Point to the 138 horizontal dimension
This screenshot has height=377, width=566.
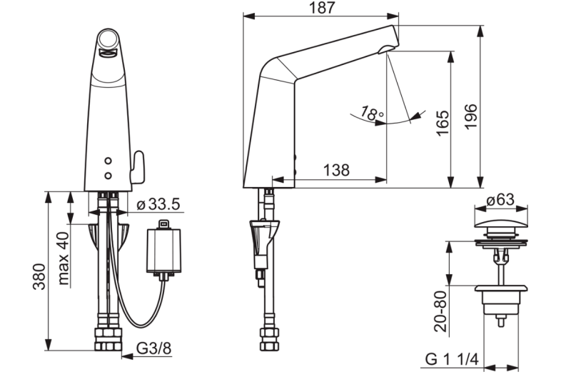click(x=335, y=170)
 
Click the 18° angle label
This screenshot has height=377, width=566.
click(x=371, y=113)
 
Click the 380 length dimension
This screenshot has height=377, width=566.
click(x=40, y=274)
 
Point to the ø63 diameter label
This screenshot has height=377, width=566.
click(x=505, y=200)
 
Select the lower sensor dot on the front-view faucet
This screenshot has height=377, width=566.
click(x=108, y=175)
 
